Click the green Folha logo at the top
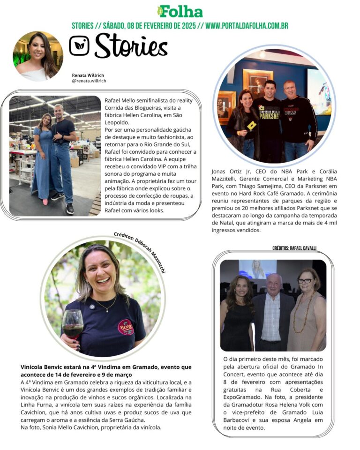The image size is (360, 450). pyautogui.click(x=180, y=11)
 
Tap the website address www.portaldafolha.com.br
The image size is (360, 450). pyautogui.click(x=247, y=26)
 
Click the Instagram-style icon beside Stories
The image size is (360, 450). pyautogui.click(x=79, y=46)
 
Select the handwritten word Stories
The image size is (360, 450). pyautogui.click(x=131, y=46)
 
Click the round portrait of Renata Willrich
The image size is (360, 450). pyautogui.click(x=38, y=56)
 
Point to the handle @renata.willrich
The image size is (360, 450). pyautogui.click(x=89, y=81)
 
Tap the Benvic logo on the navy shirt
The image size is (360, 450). pyautogui.click(x=126, y=326)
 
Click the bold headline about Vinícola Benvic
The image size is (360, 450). pyautogui.click(x=106, y=371)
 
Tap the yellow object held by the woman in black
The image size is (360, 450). pyautogui.click(x=252, y=125)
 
